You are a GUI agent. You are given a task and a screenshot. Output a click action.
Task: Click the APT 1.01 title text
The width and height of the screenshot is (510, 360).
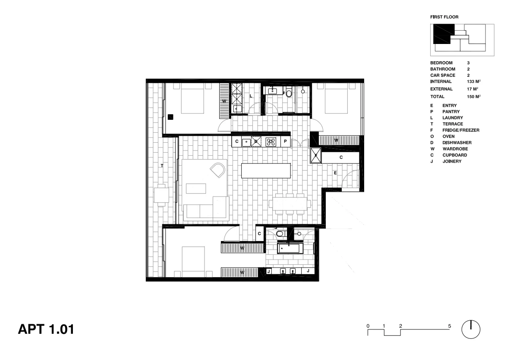pyautogui.click(x=46, y=329)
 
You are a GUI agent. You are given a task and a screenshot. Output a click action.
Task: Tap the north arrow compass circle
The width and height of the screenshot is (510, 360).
pyautogui.click(x=471, y=329)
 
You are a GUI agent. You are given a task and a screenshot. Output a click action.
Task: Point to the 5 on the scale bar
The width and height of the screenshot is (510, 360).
pyautogui.click(x=450, y=326)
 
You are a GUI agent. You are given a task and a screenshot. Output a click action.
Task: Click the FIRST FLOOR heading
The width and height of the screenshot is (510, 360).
pyautogui.click(x=444, y=17)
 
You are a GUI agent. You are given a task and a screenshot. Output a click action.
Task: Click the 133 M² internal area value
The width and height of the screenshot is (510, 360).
pyautogui.click(x=474, y=81)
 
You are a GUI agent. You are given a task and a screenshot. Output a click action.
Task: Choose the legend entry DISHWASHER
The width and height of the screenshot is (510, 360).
pyautogui.click(x=456, y=143)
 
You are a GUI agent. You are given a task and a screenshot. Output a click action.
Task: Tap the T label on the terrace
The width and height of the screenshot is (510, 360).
pyautogui.click(x=162, y=166)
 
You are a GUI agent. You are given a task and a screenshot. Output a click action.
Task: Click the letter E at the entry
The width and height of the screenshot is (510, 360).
pyautogui.click(x=335, y=172)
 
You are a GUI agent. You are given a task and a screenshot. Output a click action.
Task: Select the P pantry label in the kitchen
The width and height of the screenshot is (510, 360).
pyautogui.click(x=285, y=141)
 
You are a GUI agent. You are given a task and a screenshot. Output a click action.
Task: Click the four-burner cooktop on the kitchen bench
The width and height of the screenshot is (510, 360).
pyautogui.click(x=271, y=141)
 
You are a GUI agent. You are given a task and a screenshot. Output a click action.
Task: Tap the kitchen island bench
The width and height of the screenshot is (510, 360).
pyautogui.click(x=266, y=170)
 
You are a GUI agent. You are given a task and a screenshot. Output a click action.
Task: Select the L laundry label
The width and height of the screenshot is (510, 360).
pyautogui.click(x=251, y=96)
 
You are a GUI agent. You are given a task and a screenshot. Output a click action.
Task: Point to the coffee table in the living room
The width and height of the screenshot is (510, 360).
pyautogui.click(x=196, y=188)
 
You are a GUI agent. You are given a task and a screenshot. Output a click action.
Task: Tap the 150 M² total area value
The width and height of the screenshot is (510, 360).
pyautogui.click(x=474, y=97)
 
